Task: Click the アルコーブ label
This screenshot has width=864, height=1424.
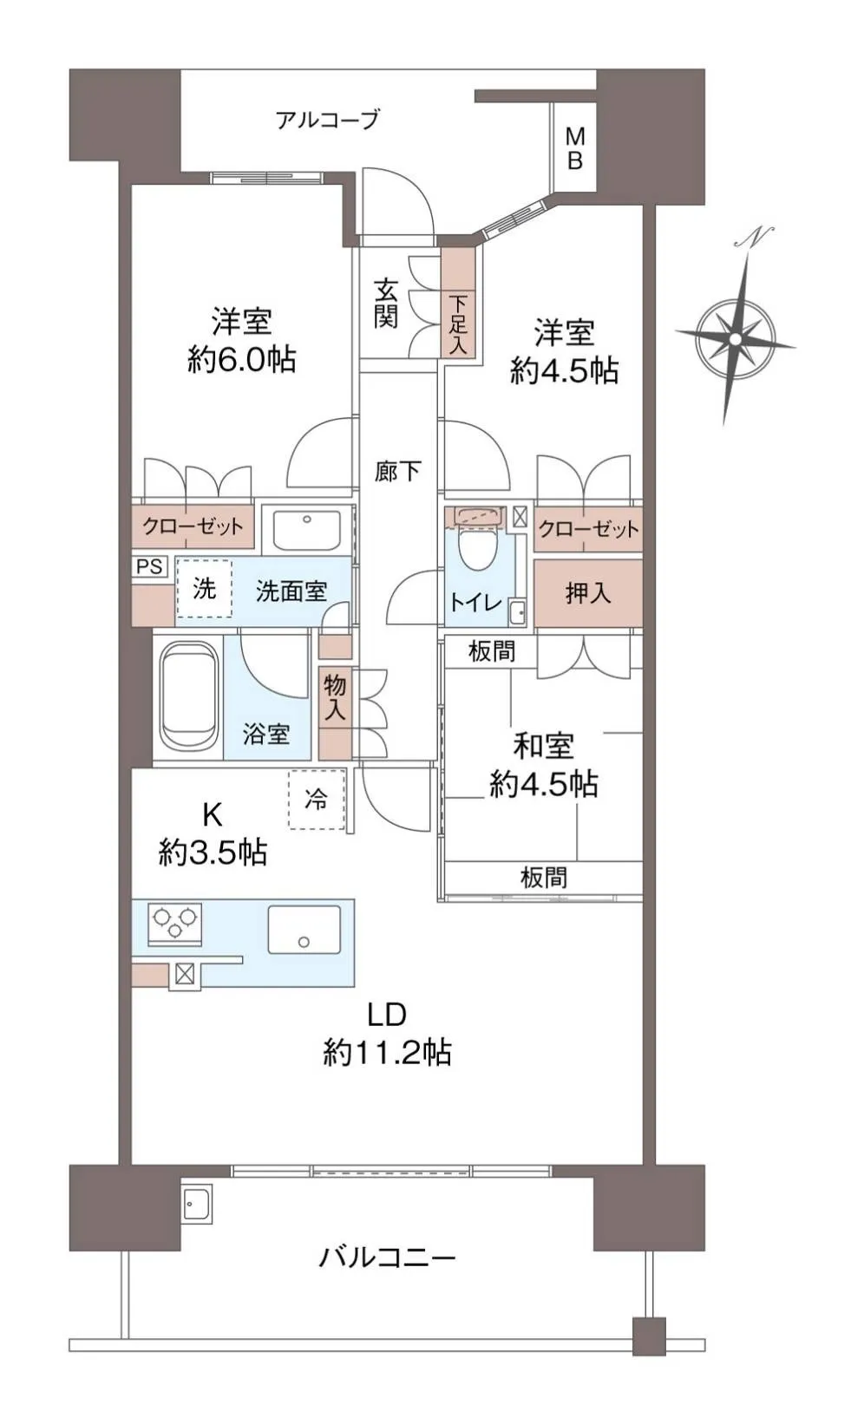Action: pyautogui.click(x=327, y=119)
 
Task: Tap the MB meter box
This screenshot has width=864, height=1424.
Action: pyautogui.click(x=575, y=147)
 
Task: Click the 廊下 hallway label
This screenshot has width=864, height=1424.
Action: pyautogui.click(x=397, y=471)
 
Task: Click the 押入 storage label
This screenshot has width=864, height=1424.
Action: pyautogui.click(x=587, y=592)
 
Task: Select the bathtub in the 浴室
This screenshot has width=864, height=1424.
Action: pyautogui.click(x=188, y=696)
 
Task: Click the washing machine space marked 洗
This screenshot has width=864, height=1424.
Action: pyautogui.click(x=204, y=588)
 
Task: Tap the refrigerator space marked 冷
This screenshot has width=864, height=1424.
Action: pyautogui.click(x=316, y=799)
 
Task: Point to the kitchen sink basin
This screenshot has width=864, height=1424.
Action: pyautogui.click(x=304, y=930)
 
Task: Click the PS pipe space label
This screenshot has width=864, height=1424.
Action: pyautogui.click(x=149, y=566)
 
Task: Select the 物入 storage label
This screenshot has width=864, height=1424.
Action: pyautogui.click(x=335, y=696)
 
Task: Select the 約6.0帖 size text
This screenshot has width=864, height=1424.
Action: pyautogui.click(x=241, y=361)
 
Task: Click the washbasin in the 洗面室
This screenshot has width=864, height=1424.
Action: pyautogui.click(x=307, y=527)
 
